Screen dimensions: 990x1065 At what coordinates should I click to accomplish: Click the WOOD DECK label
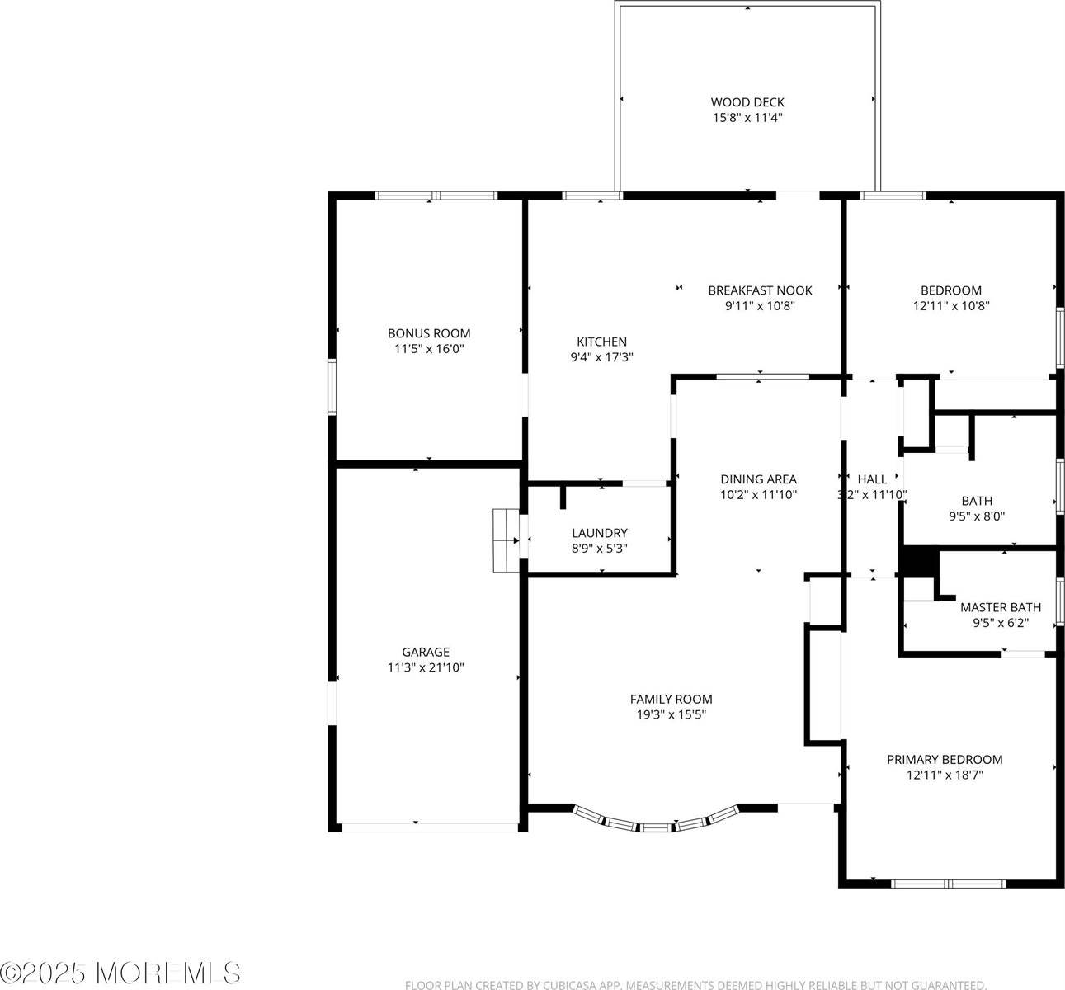747,102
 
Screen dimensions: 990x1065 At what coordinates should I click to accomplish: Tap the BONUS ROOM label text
429,333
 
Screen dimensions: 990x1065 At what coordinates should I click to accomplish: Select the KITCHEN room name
601,342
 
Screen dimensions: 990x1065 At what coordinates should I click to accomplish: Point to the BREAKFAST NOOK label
760,290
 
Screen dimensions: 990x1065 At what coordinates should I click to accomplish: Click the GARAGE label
426,652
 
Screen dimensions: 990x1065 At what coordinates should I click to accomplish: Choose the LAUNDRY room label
600,533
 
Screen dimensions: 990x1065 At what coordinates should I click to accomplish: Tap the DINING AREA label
758,479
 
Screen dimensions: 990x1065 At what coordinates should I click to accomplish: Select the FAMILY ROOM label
671,699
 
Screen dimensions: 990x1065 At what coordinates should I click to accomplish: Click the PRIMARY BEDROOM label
945,760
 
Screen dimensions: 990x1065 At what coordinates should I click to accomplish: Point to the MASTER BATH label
1000,608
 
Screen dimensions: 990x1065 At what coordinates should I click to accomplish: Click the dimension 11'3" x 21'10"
426,667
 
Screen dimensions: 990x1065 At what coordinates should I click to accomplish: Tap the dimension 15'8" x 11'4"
747,118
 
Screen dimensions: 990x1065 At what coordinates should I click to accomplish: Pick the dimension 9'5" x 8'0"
977,516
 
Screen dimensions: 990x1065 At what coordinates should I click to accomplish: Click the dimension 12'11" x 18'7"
945,775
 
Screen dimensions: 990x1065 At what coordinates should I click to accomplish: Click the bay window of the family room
654,823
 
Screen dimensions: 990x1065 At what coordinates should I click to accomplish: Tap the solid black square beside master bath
918,563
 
